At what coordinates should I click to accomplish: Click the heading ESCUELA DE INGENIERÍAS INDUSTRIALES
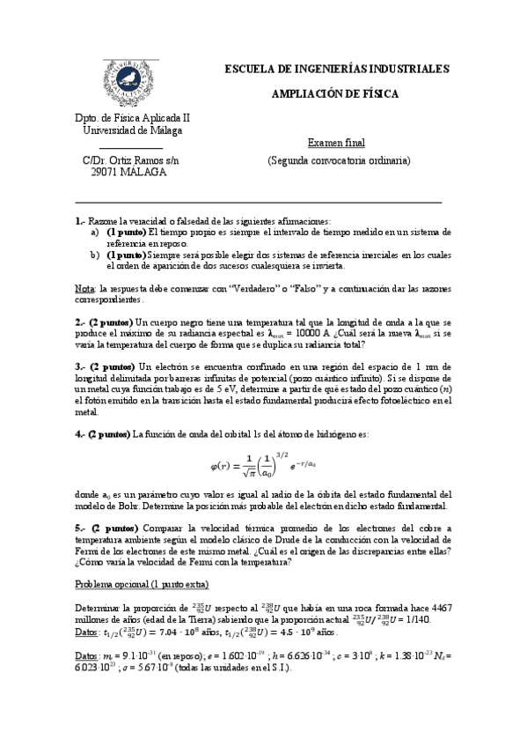pyautogui.click(x=337, y=69)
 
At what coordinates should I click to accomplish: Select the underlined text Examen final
pyautogui.click(x=337, y=143)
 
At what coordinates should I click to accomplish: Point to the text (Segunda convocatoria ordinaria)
pyautogui.click(x=339, y=161)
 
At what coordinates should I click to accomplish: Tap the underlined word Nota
pyautogui.click(x=84, y=288)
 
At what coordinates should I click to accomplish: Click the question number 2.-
pyautogui.click(x=81, y=323)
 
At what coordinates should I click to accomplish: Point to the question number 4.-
pyautogui.click(x=81, y=433)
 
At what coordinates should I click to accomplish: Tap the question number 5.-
pyautogui.click(x=81, y=528)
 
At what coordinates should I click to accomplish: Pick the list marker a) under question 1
pyautogui.click(x=95, y=232)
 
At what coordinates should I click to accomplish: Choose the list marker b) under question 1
pyautogui.click(x=95, y=255)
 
